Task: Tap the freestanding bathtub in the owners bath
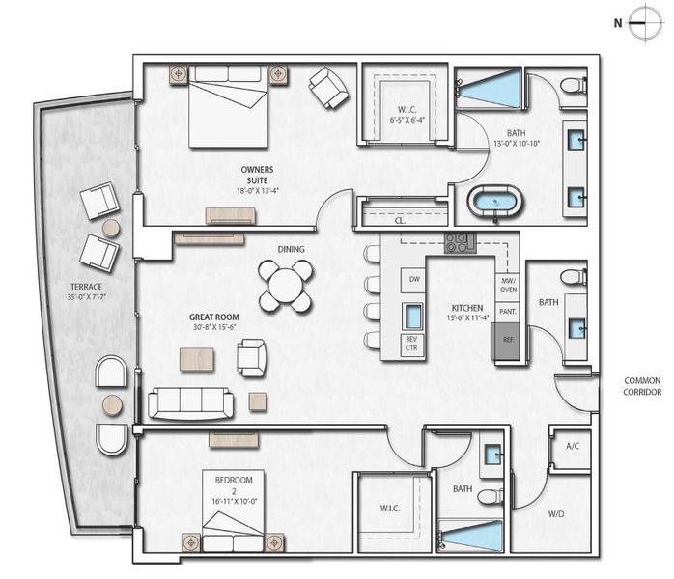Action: (x=495, y=204)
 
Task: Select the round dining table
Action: (x=286, y=286)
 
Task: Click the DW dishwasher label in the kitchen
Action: (x=413, y=279)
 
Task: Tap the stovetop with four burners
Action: (x=459, y=242)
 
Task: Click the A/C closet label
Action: (x=571, y=446)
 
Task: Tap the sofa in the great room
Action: (x=190, y=402)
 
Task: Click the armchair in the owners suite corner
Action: (x=328, y=88)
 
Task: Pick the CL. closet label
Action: (x=399, y=221)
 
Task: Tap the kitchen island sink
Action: (x=413, y=316)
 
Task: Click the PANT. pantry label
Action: (x=506, y=311)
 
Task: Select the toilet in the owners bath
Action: (x=573, y=85)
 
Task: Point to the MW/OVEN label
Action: (x=506, y=285)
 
